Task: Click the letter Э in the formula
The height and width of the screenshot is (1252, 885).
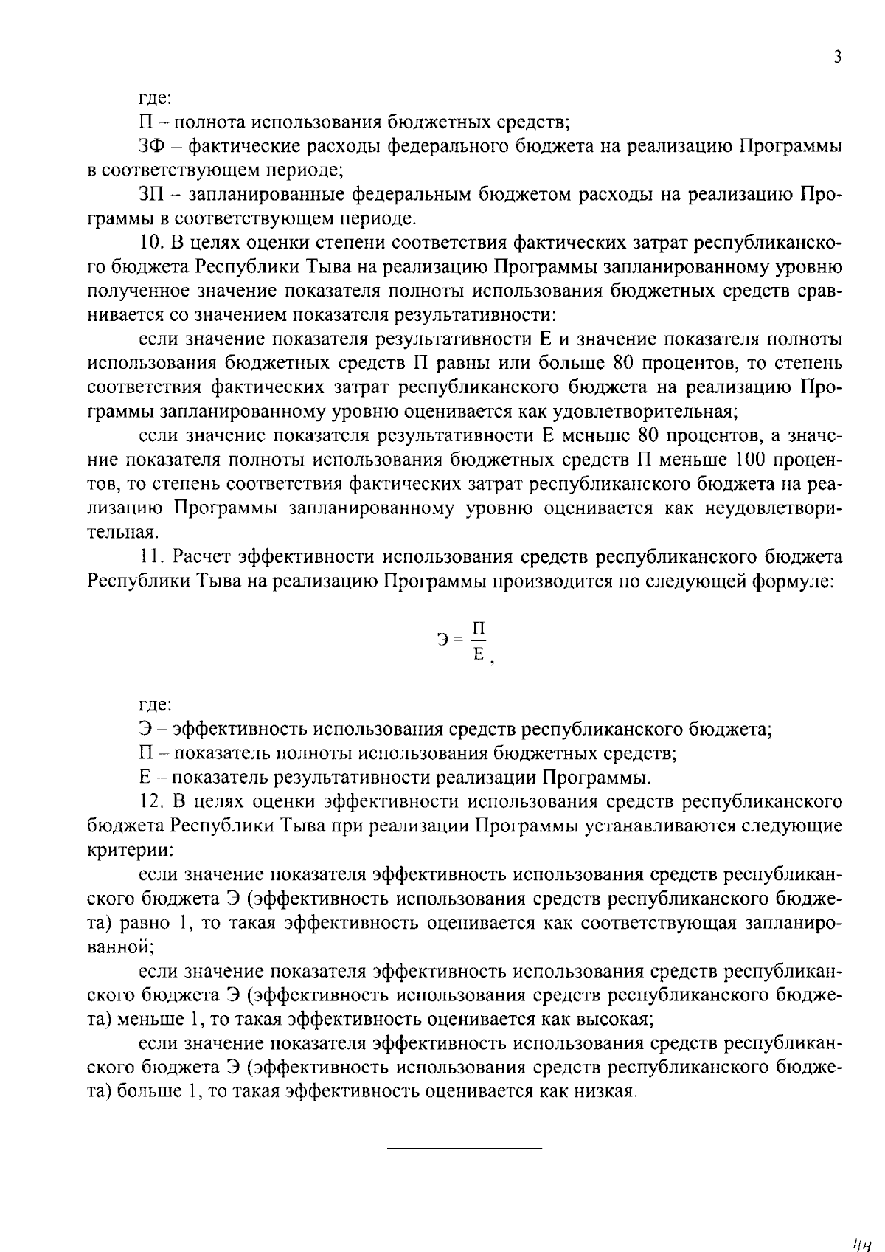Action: pyautogui.click(x=443, y=640)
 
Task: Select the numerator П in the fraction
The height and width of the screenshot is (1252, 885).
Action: pyautogui.click(x=479, y=629)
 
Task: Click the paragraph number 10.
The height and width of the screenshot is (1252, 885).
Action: pyautogui.click(x=150, y=243)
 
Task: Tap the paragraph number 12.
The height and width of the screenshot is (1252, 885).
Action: pyautogui.click(x=150, y=801)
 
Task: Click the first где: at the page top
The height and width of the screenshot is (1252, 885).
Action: pyautogui.click(x=155, y=98)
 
